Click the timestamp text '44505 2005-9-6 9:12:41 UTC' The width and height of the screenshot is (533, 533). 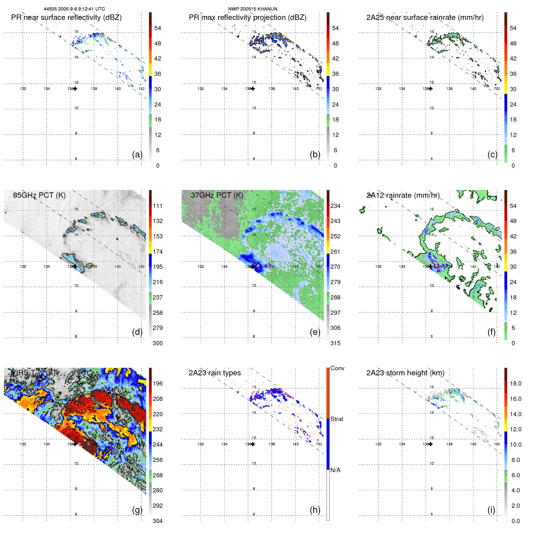tap(74, 9)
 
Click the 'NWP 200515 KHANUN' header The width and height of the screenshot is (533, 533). tap(253, 9)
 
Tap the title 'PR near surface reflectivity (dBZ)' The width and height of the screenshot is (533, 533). tap(66, 17)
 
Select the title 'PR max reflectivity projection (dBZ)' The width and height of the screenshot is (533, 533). tap(247, 17)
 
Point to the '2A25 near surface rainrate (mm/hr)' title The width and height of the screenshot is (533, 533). tap(425, 17)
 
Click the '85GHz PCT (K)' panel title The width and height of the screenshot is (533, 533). tap(39, 195)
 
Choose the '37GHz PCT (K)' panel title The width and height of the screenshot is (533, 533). tap(217, 195)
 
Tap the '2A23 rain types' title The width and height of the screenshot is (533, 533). tap(215, 373)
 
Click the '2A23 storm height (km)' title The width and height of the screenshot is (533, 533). tap(405, 373)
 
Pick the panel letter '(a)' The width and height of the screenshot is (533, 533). tap(137, 154)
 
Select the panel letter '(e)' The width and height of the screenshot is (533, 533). tap(315, 332)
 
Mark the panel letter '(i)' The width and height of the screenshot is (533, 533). tap(491, 510)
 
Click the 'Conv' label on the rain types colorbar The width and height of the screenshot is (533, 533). tap(337, 368)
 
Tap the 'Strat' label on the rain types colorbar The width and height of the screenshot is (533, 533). tap(336, 419)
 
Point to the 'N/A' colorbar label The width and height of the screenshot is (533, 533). tap(335, 470)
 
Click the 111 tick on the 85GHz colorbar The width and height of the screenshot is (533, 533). tap(158, 206)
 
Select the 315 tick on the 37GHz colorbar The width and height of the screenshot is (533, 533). tap(335, 343)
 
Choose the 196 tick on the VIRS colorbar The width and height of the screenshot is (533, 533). tap(158, 383)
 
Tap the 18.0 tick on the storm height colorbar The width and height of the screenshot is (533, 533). tap(515, 383)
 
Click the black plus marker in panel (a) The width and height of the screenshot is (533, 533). tap(75, 88)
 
